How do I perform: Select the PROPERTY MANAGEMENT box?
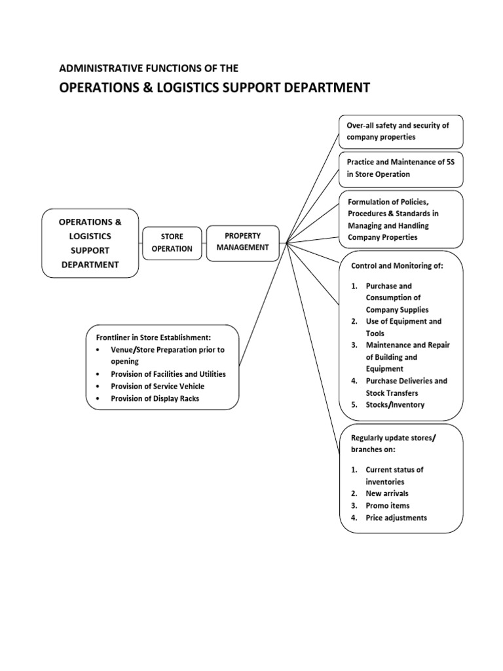point(243,242)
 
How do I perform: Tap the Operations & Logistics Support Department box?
point(90,243)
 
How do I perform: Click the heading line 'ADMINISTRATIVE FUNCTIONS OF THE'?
point(149,68)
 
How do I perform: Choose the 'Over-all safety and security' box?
point(401,131)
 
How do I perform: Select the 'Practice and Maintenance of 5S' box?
point(401,169)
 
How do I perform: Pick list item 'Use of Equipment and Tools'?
point(403,327)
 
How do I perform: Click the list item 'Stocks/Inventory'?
point(395,404)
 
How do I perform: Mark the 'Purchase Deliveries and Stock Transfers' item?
point(406,387)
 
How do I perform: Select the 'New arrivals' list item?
point(386,493)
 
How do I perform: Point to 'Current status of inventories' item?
point(394,476)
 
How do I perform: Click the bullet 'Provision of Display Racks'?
point(155,398)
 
